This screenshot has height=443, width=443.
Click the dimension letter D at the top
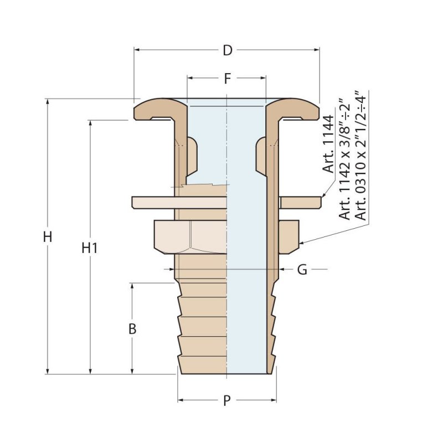227,50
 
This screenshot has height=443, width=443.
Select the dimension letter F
227,79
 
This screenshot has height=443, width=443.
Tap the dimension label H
48,237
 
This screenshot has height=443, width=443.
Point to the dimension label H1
90,249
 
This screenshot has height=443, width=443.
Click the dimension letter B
132,329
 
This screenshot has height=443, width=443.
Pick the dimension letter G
302,270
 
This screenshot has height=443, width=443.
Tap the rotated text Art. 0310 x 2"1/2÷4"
360,155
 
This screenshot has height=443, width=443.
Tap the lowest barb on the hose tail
202,363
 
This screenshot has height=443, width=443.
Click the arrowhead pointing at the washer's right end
323,195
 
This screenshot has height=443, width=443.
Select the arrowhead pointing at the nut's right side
301,243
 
